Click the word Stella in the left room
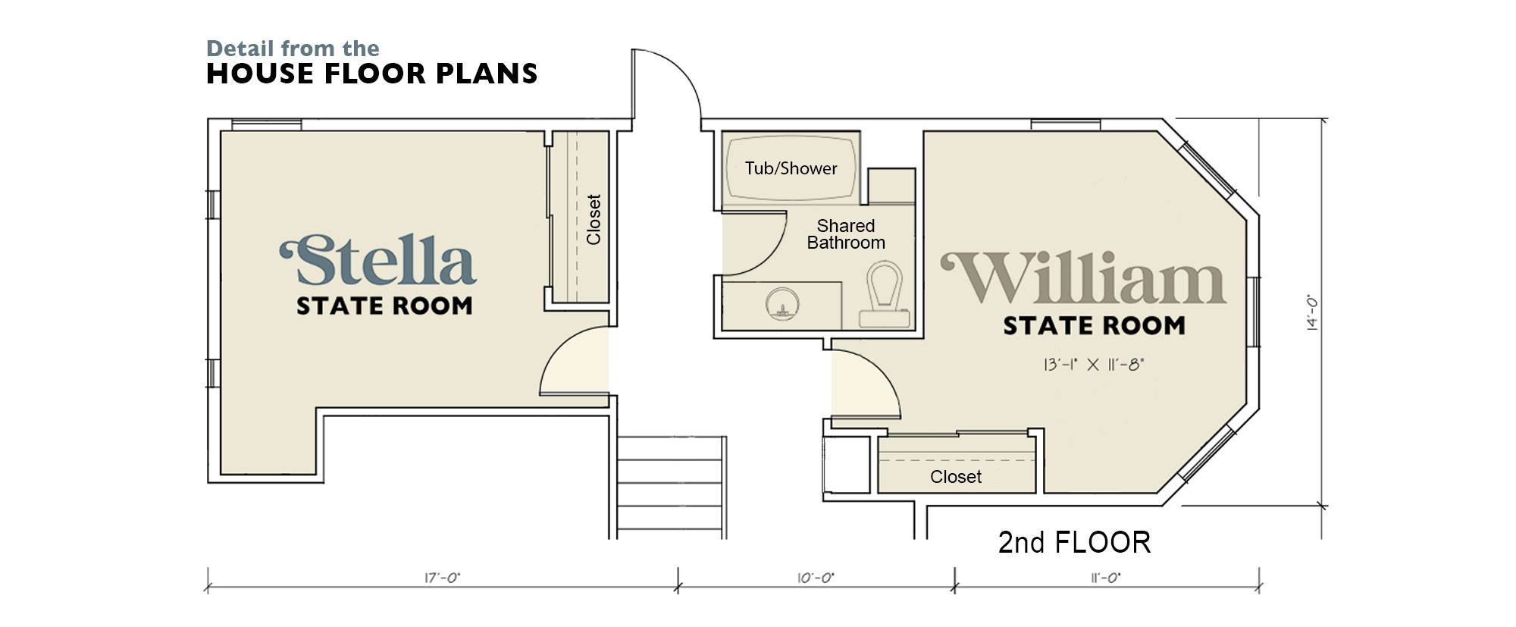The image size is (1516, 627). click(377, 260)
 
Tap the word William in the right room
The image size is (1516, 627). click(1083, 278)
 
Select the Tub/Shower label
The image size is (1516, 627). click(791, 168)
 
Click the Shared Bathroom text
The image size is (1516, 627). click(846, 234)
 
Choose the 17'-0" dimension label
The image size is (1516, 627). click(442, 578)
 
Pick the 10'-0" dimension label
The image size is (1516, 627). click(816, 578)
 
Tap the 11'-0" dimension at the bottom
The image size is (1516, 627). click(1105, 578)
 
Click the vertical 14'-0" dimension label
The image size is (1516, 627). click(1312, 312)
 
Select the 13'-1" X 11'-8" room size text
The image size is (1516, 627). click(1093, 365)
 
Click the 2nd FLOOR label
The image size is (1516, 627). click(1074, 542)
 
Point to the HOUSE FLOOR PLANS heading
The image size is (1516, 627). click(371, 74)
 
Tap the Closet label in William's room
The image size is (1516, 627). click(956, 477)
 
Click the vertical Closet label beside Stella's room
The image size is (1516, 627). click(594, 220)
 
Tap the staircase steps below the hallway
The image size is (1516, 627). click(671, 487)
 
